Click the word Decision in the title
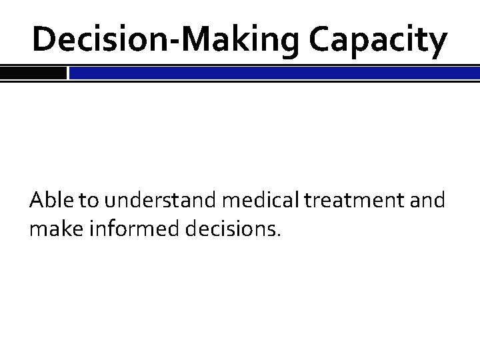coord(97,40)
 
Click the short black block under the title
coord(33,73)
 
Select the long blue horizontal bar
coord(274,73)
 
